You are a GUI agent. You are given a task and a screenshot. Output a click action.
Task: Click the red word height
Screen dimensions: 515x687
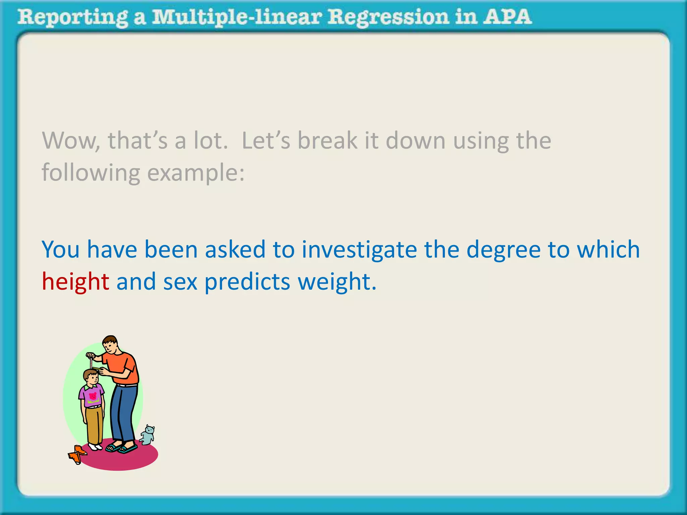(x=75, y=282)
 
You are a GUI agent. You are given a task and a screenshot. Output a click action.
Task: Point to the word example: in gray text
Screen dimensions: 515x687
(x=196, y=173)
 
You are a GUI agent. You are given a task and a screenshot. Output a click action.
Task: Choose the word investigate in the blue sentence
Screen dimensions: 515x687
(x=359, y=250)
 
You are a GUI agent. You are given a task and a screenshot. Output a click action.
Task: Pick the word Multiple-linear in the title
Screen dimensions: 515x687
(x=236, y=17)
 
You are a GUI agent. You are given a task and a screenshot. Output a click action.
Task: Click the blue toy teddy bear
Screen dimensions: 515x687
(x=148, y=435)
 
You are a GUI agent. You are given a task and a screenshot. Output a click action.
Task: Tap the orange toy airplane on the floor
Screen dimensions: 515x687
(x=77, y=454)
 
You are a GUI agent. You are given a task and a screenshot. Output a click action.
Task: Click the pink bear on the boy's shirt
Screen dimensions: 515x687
(x=93, y=396)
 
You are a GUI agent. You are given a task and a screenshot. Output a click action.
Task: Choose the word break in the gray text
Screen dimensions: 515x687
(x=327, y=141)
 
